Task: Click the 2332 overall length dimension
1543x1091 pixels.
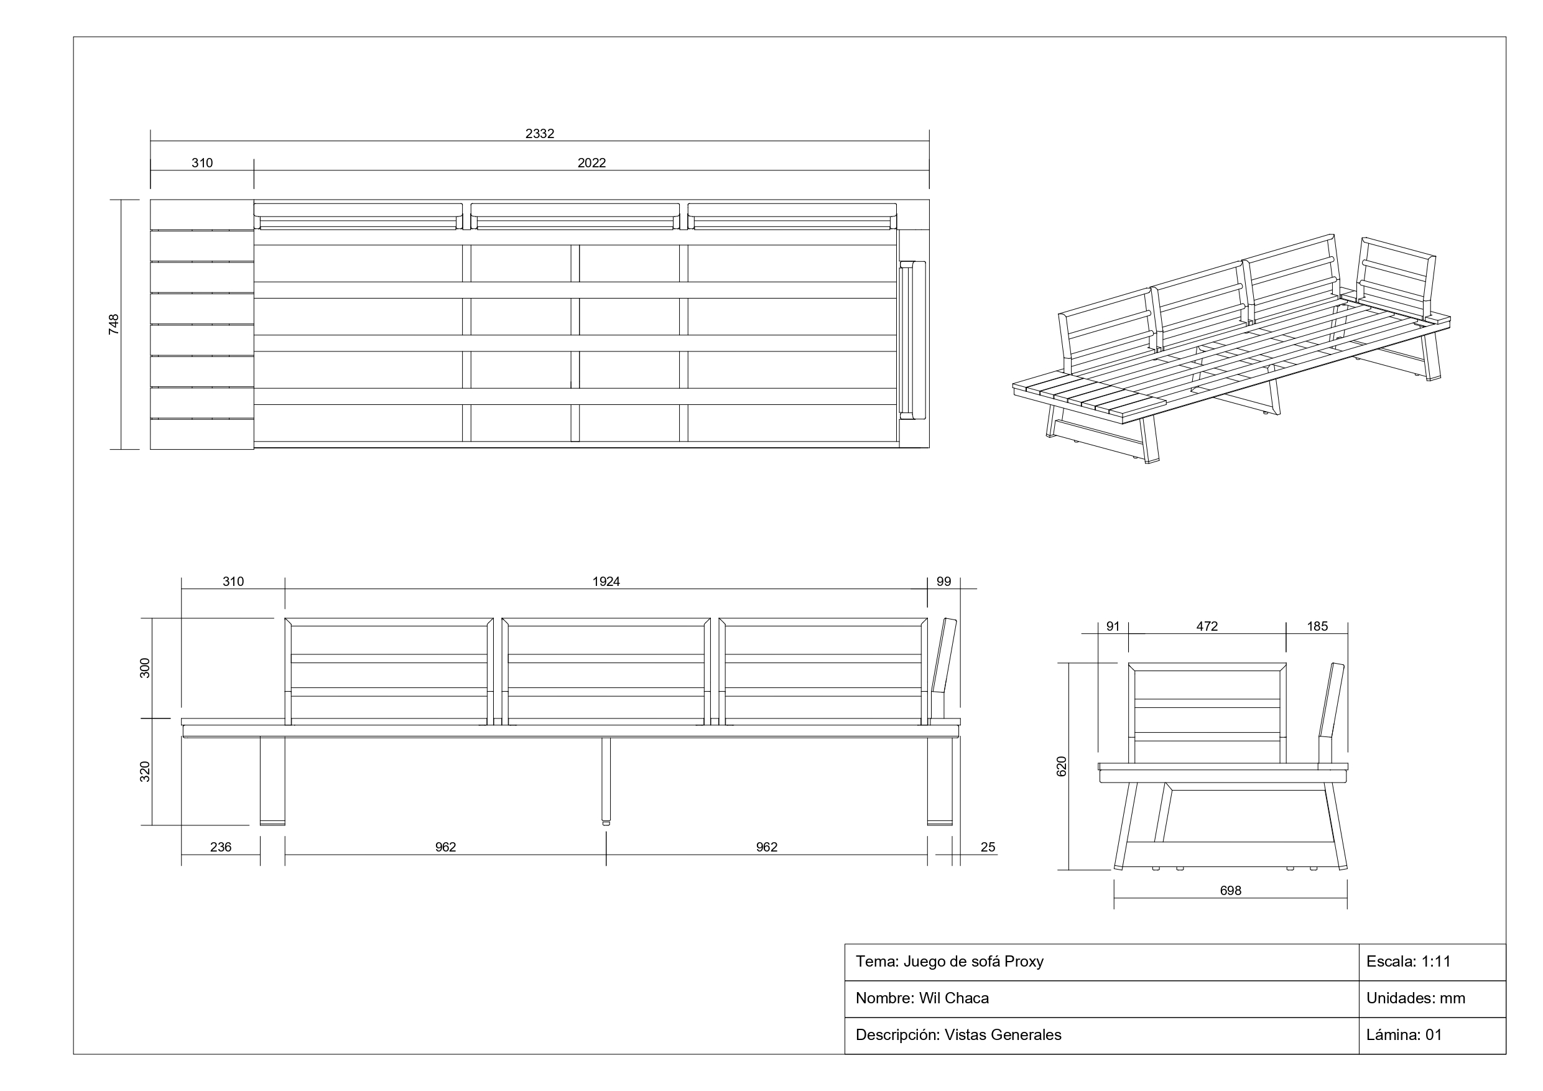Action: [x=540, y=134]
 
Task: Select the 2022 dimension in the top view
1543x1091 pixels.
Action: [x=591, y=163]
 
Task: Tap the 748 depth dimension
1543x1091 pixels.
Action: [x=114, y=324]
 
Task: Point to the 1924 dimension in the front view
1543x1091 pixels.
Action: [x=606, y=582]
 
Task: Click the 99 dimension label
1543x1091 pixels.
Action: [x=943, y=582]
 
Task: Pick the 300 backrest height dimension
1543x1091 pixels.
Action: [x=144, y=668]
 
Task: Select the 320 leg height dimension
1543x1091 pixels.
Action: [x=144, y=772]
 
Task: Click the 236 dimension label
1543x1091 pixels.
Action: [x=220, y=847]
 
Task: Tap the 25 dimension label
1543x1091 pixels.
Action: [x=987, y=847]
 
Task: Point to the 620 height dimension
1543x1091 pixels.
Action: [x=1062, y=766]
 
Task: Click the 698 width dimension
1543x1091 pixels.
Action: [x=1231, y=891]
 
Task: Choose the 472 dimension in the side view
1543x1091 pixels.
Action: [x=1207, y=626]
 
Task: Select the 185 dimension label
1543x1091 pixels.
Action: [x=1317, y=626]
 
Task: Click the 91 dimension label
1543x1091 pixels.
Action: [x=1113, y=626]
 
